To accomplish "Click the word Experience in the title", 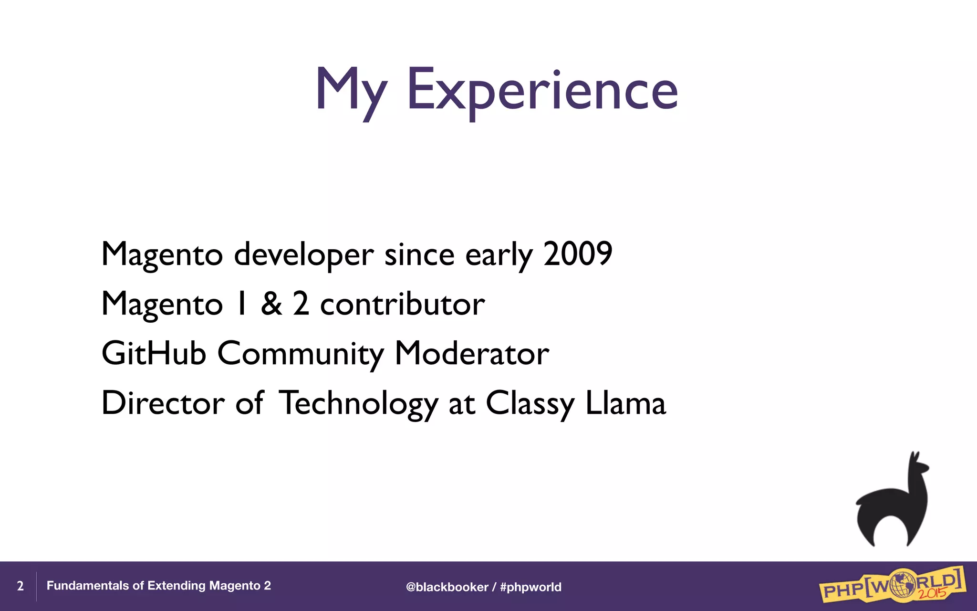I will [542, 91].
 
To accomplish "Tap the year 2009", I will [578, 254].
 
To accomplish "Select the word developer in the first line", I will [303, 255].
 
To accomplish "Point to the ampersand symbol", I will [271, 304].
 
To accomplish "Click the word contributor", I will [402, 305].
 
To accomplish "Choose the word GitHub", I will [154, 354].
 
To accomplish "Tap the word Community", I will [300, 354].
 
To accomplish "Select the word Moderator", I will [472, 354].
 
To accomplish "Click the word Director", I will [163, 403].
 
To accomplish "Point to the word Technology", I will [358, 404].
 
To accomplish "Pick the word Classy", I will [530, 404].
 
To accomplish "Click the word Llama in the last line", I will [625, 403].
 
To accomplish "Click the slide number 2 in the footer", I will [20, 586].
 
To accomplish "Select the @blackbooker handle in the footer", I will [447, 587].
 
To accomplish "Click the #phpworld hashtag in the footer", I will [530, 587].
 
